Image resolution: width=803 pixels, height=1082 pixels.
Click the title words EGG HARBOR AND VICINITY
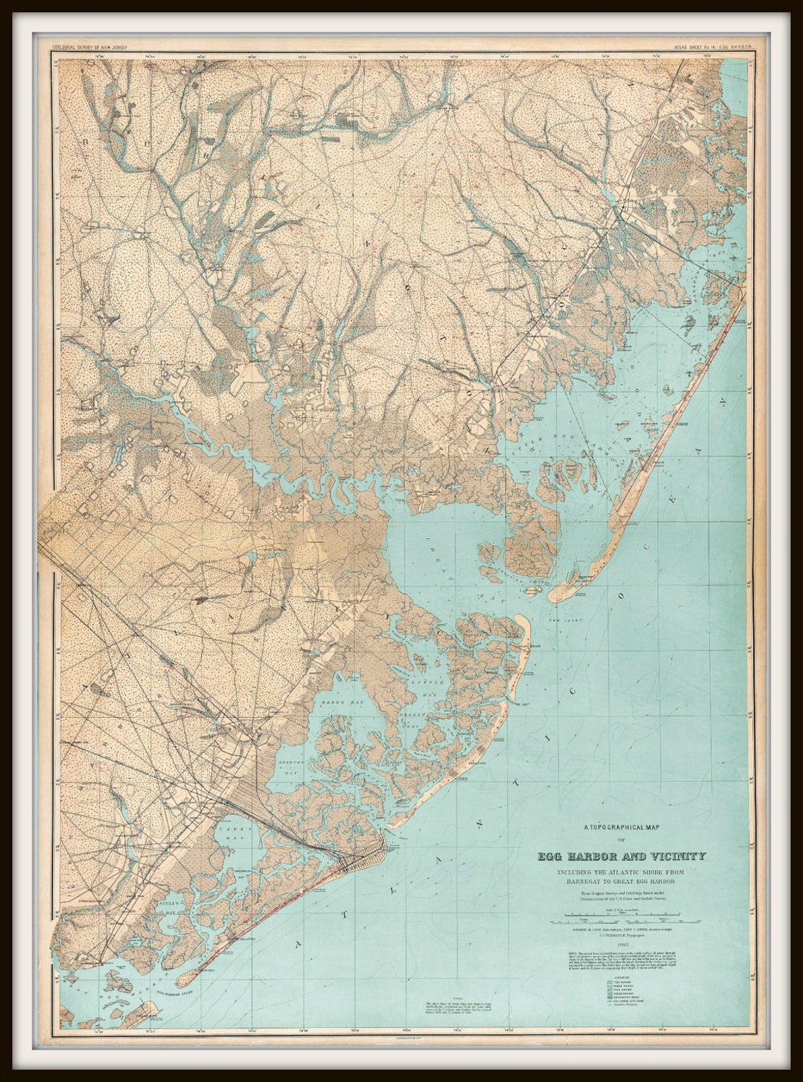pyautogui.click(x=621, y=857)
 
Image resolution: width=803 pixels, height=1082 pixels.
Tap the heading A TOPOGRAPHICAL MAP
pyautogui.click(x=621, y=828)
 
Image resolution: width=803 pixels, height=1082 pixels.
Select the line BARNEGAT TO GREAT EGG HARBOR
pyautogui.click(x=621, y=881)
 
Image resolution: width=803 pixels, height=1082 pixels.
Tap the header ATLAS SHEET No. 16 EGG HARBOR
pyautogui.click(x=711, y=47)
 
